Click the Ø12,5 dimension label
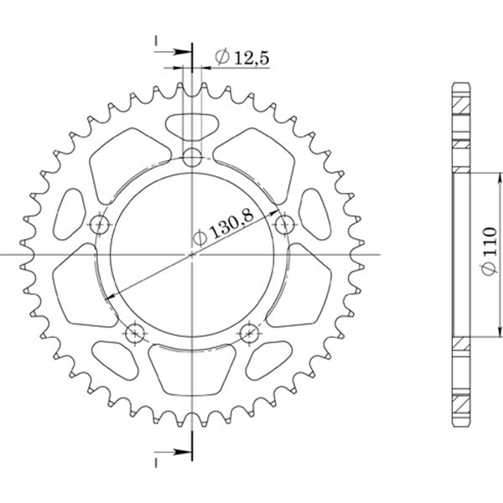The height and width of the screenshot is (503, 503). (x=242, y=58)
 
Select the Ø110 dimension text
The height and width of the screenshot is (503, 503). (x=489, y=251)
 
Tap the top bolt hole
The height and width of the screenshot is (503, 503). (x=192, y=158)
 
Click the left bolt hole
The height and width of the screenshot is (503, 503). (x=100, y=225)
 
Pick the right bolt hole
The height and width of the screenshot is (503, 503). (x=285, y=225)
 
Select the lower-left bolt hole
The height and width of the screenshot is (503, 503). (x=135, y=334)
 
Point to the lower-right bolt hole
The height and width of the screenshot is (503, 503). (x=249, y=334)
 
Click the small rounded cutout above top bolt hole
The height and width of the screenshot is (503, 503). (x=192, y=127)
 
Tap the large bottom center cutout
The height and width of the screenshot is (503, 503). (x=192, y=369)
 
